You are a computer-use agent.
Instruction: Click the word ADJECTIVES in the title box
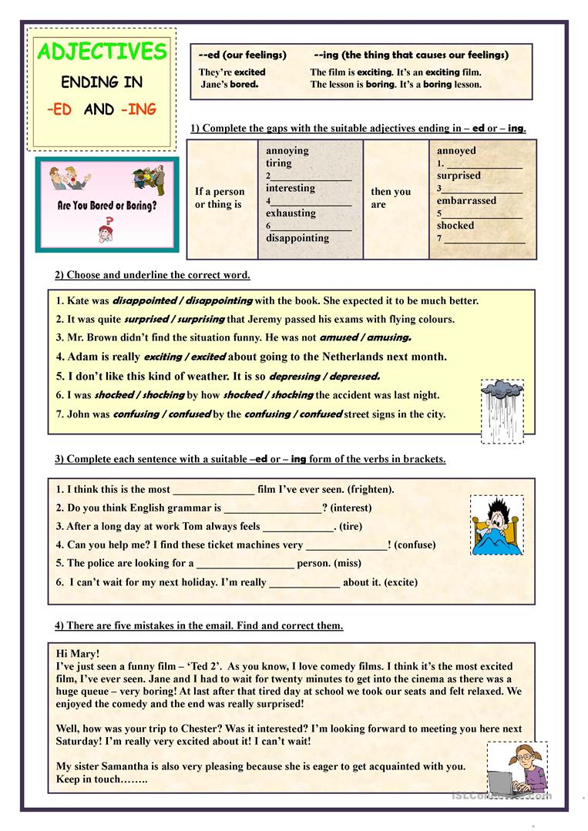coord(102,52)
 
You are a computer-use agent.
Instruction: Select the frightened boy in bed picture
coord(496,524)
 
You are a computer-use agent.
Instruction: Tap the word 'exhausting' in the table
coord(291,213)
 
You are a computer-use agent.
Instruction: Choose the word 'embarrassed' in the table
coord(466,201)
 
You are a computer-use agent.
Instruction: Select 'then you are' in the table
coord(391,198)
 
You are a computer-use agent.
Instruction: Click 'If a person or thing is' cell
coord(220,198)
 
